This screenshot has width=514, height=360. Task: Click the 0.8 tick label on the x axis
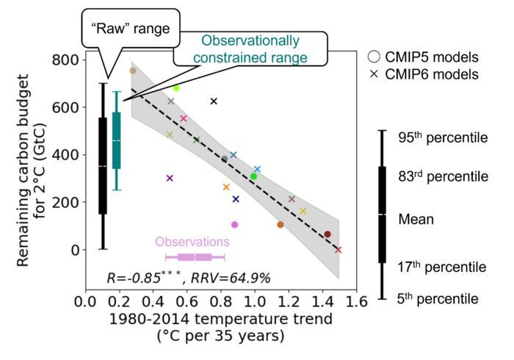tap(221, 302)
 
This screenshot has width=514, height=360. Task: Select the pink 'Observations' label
tap(192, 241)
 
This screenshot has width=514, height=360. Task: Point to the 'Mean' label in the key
tap(416, 219)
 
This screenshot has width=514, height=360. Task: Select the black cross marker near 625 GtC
tap(214, 101)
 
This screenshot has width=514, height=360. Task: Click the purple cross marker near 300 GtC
tap(170, 178)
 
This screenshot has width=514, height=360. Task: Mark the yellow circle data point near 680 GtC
tap(176, 88)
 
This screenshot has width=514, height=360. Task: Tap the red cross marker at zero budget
tap(338, 250)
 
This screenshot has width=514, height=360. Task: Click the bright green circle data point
tap(253, 176)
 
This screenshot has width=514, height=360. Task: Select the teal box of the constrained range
tap(116, 140)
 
